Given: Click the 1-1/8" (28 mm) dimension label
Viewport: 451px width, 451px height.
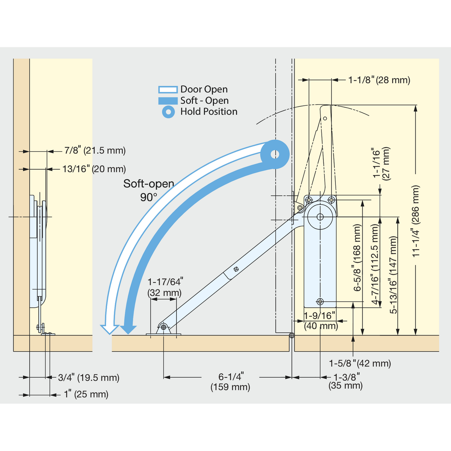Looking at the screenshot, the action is [379, 80].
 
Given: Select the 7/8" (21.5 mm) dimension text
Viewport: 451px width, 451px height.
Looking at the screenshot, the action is [95, 150].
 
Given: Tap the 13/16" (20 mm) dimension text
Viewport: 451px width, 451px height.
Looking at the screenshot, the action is [94, 169].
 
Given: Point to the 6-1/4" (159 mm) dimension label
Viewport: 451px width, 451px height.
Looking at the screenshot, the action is [230, 382].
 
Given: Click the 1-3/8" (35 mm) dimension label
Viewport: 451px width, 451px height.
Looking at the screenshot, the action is [346, 381].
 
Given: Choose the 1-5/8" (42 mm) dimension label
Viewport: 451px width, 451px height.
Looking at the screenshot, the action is [360, 363].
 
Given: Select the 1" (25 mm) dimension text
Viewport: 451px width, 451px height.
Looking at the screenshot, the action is [86, 394].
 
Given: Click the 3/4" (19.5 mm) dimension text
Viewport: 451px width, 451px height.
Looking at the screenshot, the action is [89, 377].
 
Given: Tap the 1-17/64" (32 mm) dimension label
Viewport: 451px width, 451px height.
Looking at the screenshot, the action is [165, 287].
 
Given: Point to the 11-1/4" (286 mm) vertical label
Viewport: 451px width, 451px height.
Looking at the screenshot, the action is [416, 221].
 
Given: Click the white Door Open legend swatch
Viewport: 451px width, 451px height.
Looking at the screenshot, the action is [168, 89].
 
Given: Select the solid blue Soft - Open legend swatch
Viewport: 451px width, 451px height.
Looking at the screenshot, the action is [168, 101].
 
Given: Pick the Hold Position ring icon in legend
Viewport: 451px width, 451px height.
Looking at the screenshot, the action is [168, 112].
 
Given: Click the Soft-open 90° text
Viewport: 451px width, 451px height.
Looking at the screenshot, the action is [149, 190].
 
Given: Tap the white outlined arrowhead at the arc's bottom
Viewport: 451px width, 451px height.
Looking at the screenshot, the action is [110, 329].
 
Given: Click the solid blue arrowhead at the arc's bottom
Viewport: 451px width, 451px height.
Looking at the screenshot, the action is [128, 329].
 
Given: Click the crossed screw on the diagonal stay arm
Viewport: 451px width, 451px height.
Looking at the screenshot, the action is [236, 269].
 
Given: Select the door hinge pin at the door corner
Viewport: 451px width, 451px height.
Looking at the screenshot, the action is [292, 335].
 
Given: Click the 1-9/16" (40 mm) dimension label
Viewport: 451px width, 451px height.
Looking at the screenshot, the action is [321, 321].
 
